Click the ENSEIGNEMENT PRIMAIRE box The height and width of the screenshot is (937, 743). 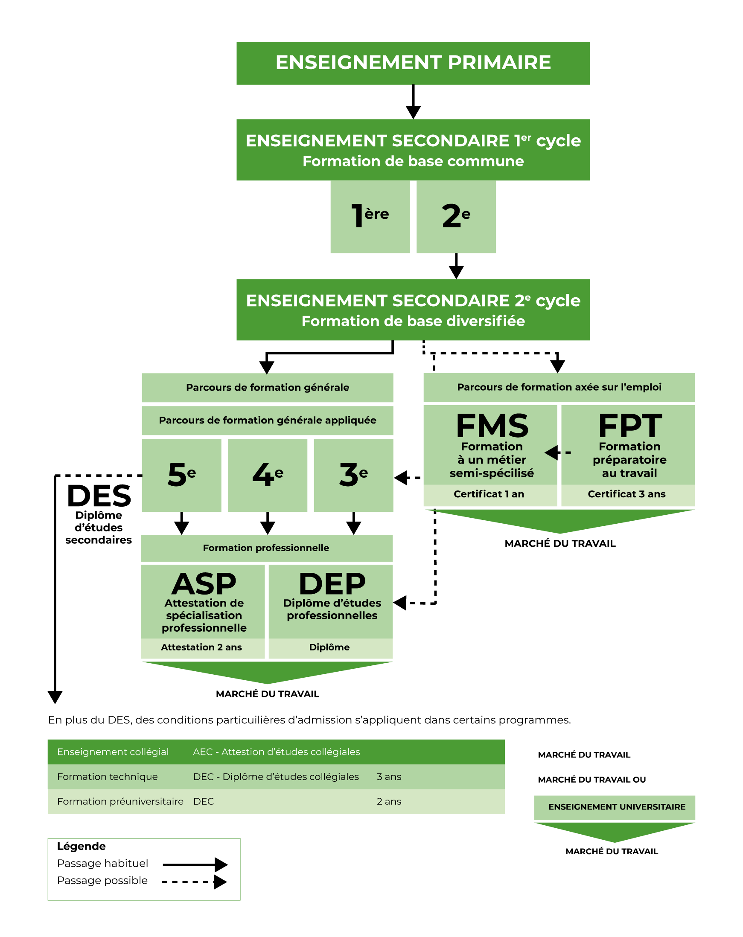pos(413,63)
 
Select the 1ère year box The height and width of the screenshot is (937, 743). pos(370,216)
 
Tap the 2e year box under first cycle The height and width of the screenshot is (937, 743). pos(456,216)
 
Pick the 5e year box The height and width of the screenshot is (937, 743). pos(181,475)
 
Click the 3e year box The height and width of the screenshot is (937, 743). pos(353,475)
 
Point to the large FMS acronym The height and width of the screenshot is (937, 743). pos(492,426)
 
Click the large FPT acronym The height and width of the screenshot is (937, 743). pos(629,426)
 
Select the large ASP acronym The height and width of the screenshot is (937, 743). pos(204,584)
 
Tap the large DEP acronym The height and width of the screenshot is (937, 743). pos(332,584)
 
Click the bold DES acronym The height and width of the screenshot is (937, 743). pos(99,496)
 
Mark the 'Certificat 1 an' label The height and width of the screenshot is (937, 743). pos(489,494)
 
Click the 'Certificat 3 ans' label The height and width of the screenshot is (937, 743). pos(626,494)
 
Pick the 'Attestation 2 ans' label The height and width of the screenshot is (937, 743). pos(201,647)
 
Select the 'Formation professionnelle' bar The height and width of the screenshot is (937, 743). pos(266,548)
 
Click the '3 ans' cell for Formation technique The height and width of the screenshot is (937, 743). pos(389,777)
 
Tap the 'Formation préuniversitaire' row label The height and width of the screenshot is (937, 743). pos(120,801)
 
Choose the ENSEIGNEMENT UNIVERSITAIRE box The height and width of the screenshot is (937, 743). pos(617,806)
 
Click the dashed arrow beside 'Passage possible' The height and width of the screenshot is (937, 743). pos(194,882)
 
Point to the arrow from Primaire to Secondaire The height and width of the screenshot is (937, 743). pos(413,102)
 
